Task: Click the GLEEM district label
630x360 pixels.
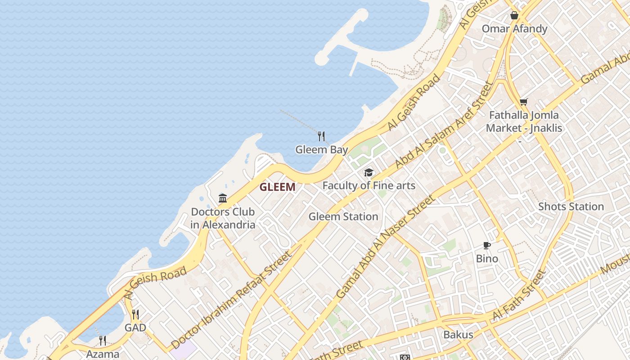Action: (x=277, y=187)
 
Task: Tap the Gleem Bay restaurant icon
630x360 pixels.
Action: (x=321, y=136)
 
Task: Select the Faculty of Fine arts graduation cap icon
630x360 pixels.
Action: (x=369, y=173)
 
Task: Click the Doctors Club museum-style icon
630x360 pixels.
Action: (x=223, y=198)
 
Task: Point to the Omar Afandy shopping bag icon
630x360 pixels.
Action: (x=514, y=15)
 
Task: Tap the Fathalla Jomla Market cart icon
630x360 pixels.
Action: (x=523, y=102)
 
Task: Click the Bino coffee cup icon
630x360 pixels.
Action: (x=487, y=245)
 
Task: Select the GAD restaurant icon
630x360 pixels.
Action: (x=135, y=314)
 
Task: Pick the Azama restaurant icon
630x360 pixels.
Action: (x=103, y=340)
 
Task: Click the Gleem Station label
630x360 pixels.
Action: (x=343, y=216)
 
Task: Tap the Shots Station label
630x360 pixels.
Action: (x=571, y=207)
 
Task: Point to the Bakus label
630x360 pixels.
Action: (x=458, y=335)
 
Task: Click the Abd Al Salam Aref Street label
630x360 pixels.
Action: (x=445, y=125)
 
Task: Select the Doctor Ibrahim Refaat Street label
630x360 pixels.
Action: (x=231, y=300)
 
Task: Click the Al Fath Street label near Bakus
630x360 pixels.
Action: (x=519, y=295)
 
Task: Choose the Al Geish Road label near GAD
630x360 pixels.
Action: (x=155, y=283)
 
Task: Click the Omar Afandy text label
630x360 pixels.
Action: (x=514, y=29)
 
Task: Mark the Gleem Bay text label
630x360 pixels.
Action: (x=321, y=149)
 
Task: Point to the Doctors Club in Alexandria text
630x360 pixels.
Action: (x=223, y=218)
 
